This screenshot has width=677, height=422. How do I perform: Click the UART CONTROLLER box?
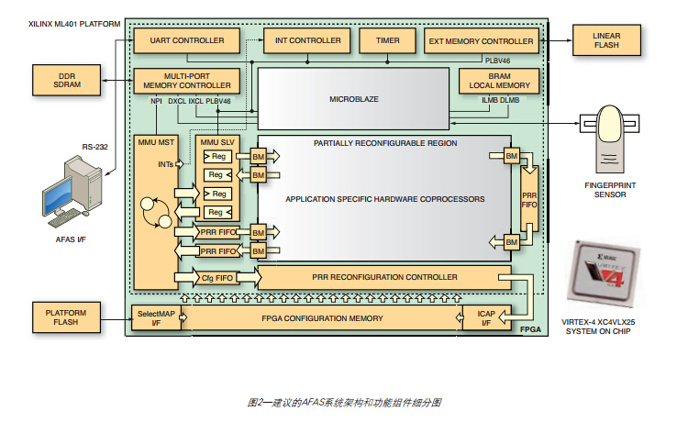pyautogui.click(x=186, y=41)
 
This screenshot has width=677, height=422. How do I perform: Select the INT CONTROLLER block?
pyautogui.click(x=302, y=41)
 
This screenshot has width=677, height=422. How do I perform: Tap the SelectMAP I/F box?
pyautogui.click(x=158, y=317)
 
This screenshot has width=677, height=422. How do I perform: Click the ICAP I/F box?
pyautogui.click(x=485, y=317)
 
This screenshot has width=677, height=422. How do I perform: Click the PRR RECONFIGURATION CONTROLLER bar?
pyautogui.click(x=384, y=277)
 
